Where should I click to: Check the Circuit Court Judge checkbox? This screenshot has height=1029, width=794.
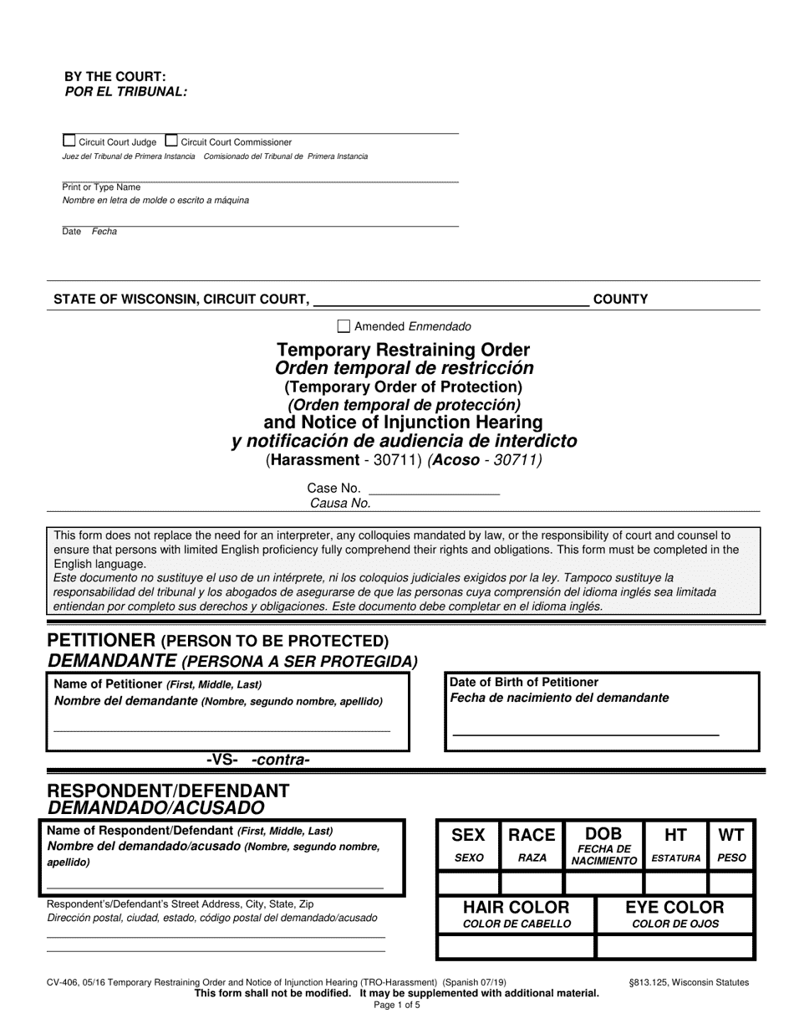pos(69,141)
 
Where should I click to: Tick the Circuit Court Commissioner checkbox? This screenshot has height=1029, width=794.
pos(171,141)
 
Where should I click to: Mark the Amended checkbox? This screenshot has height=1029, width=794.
pos(344,326)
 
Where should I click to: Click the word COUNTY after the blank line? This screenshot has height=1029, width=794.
pos(620,299)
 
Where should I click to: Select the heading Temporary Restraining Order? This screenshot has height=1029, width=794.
pos(403,350)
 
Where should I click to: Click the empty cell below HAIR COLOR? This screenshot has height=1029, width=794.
pos(517,946)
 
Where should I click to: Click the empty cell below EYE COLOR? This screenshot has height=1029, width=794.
pos(675,946)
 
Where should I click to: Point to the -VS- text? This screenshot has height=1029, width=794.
pos(223,760)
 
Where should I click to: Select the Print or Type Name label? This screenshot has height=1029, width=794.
pos(101,187)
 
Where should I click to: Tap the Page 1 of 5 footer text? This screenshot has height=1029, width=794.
pos(397,1006)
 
